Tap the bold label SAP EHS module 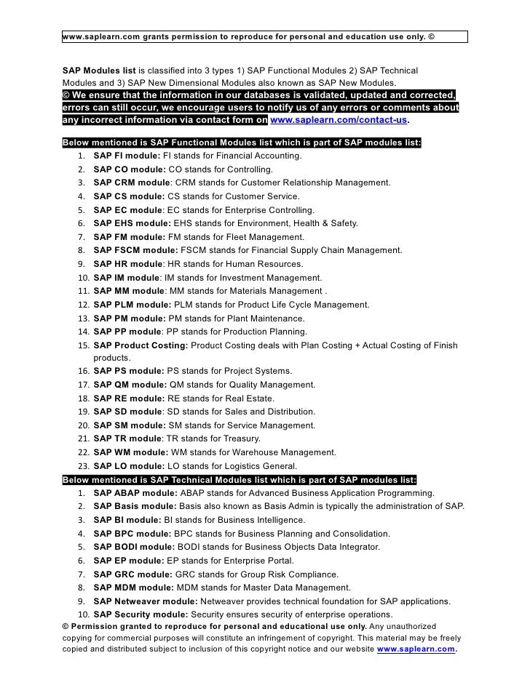click(132, 223)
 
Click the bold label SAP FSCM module click(135, 250)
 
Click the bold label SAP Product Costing click(141, 345)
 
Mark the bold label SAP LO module click(127, 465)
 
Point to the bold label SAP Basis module click(135, 506)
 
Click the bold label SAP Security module click(141, 614)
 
